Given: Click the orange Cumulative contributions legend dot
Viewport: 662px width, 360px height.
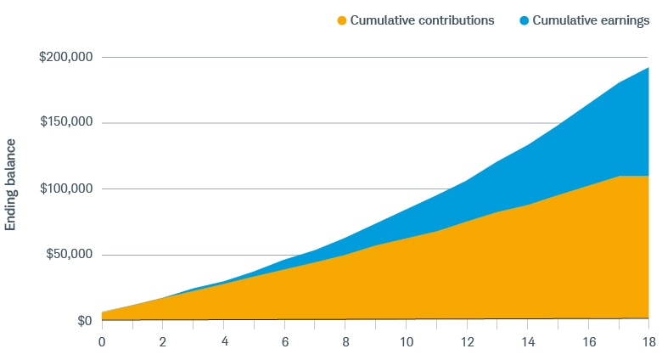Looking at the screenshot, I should (343, 20).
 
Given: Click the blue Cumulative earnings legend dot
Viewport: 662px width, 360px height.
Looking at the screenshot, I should (513, 20).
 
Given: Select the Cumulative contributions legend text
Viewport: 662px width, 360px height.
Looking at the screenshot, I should (423, 20).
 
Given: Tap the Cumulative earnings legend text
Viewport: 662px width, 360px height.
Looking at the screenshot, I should (583, 20).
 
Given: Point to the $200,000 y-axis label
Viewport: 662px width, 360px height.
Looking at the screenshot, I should (66, 58).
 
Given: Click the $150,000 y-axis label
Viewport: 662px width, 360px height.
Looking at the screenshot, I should (66, 123).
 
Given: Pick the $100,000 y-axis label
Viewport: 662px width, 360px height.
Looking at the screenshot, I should (66, 189).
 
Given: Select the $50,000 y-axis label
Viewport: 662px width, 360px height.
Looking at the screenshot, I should (70, 256).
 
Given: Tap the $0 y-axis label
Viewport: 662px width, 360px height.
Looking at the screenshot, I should (83, 321).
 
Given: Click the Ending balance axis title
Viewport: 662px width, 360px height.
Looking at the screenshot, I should (12, 186).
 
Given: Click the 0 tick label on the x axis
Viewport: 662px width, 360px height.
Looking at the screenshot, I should (102, 342).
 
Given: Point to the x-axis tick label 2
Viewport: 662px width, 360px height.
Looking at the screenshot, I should (163, 342).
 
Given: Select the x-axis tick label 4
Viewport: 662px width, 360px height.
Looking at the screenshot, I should (224, 342).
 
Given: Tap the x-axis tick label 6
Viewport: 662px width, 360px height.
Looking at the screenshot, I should (285, 342).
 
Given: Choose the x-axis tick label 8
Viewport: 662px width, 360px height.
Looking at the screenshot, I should (345, 342).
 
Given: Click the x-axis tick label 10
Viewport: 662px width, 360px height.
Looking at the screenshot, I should (406, 342).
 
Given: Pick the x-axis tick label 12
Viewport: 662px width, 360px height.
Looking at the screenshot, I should (466, 342).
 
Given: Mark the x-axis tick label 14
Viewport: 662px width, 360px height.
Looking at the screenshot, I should (527, 342).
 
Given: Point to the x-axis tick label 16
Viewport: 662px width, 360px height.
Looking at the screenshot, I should (587, 342).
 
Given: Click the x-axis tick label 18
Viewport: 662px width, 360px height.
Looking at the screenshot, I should (648, 342).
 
